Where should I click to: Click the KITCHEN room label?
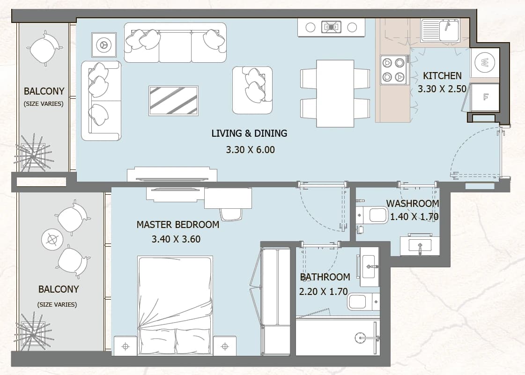[442, 76]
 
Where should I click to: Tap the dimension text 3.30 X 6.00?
[250, 150]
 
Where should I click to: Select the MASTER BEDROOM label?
[178, 225]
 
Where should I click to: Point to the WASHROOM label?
[413, 204]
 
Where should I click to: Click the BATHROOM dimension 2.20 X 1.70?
[323, 292]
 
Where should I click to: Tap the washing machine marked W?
[484, 63]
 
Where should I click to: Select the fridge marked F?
[485, 97]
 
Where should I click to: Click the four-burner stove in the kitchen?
[393, 70]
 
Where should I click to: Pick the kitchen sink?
[440, 30]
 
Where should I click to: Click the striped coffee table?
[173, 101]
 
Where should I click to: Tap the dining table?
[335, 94]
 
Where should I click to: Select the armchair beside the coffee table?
[252, 90]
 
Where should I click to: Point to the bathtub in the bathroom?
[338, 337]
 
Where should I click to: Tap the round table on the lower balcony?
[52, 239]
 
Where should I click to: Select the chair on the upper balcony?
[44, 48]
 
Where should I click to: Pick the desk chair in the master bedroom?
[231, 213]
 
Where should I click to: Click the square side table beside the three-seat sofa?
[104, 44]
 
